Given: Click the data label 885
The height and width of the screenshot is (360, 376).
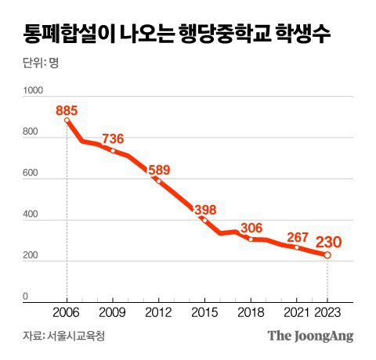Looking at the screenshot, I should coord(67,109).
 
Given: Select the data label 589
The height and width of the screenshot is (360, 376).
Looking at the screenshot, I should coord(159,168).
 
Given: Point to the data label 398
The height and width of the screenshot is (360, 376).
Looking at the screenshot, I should coord(204,208).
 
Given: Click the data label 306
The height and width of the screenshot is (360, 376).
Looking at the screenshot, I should coord(251,227).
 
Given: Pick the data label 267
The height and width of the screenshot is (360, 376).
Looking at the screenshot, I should coord(297,236).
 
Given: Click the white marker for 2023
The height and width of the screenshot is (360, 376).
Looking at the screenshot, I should coord(327,255).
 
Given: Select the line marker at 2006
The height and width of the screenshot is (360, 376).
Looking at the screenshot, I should coord(67,121).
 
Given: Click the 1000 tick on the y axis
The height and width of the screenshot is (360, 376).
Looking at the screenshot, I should coord(32,92).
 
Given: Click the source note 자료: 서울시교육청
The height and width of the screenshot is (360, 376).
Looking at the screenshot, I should coord(63,337).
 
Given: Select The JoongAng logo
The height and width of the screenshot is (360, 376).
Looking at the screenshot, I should coord(311,337).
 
